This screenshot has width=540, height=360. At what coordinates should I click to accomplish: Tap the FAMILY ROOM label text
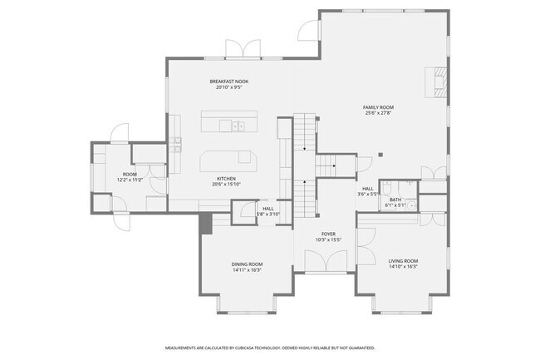(x=378, y=107)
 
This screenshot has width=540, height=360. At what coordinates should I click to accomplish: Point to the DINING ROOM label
(x=247, y=264)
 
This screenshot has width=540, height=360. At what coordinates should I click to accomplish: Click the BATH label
(x=396, y=200)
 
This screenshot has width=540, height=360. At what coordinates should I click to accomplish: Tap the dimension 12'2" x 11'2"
(x=130, y=180)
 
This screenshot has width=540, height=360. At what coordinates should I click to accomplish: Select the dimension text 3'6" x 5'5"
(x=368, y=194)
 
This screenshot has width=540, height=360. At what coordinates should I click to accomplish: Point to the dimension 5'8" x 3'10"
(x=222, y=214)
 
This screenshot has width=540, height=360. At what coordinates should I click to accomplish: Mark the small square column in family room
(x=380, y=153)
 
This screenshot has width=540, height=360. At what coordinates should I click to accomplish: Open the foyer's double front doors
(x=324, y=264)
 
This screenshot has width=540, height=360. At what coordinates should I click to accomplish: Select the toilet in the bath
(x=410, y=185)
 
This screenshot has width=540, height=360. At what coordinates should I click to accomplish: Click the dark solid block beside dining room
(x=205, y=222)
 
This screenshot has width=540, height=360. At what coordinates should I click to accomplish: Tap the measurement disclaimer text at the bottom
(x=270, y=348)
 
